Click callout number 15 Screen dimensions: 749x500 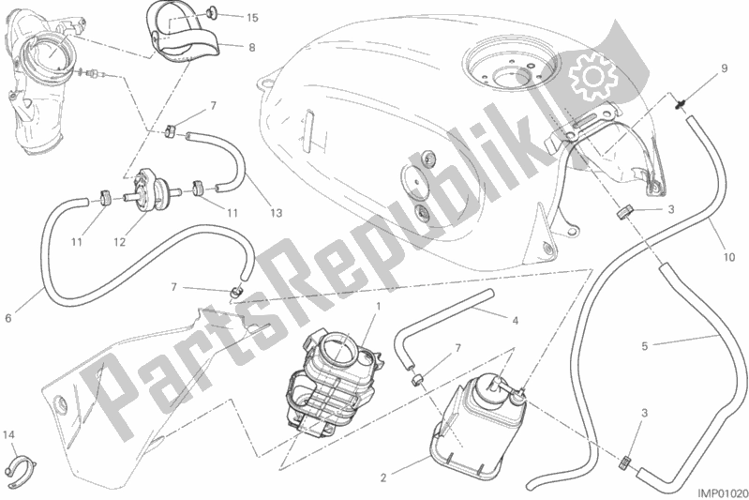click(252, 18)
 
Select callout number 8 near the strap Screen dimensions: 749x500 click(252, 47)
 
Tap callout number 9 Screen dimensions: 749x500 click(724, 68)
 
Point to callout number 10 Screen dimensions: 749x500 click(728, 257)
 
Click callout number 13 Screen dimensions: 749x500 click(276, 213)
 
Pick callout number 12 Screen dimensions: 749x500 click(119, 242)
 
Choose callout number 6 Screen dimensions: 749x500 click(8, 318)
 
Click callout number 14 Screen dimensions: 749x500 click(8, 435)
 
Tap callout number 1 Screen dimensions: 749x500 click(378, 306)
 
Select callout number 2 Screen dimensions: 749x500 click(383, 477)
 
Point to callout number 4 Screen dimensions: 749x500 click(515, 321)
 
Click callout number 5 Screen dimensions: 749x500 click(644, 346)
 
